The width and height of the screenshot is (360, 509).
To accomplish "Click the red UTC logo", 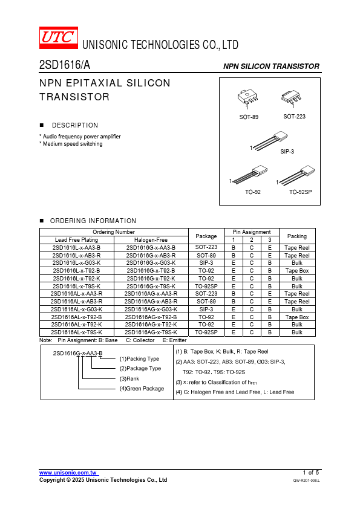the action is point(59,37).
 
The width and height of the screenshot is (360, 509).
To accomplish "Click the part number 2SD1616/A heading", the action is point(65,65).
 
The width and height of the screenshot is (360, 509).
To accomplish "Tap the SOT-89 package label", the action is point(249,117).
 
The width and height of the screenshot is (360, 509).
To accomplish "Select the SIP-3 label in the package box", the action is point(287,151).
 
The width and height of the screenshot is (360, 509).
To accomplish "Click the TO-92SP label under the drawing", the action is point(301,192).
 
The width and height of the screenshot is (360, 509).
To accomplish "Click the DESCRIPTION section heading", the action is point(75,125).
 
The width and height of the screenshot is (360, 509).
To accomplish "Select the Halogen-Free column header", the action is point(151,240).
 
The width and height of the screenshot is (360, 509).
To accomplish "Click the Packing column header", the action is point(297,236).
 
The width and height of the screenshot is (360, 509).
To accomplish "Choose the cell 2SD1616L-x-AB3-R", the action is point(76,255).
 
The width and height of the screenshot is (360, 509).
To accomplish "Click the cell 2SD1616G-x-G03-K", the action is point(151,262).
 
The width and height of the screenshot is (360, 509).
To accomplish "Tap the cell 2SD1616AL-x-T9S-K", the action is point(76,332).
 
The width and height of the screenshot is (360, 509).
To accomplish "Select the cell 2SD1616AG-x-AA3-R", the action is point(151,293).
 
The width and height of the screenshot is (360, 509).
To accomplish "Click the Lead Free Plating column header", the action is point(76,240).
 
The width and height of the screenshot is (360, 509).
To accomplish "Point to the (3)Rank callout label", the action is point(129,378).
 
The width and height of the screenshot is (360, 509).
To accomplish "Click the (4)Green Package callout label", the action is point(142,388).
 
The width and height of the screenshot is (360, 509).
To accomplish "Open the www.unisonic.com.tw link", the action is point(68,473).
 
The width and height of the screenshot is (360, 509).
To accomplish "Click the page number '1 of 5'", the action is point(311,472).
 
